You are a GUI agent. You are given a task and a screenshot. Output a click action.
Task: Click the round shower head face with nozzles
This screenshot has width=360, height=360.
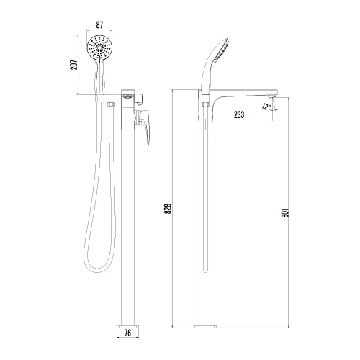pyautogui.click(x=98, y=50)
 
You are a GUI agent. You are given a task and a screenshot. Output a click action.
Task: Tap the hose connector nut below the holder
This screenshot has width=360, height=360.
pyautogui.click(x=110, y=106)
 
